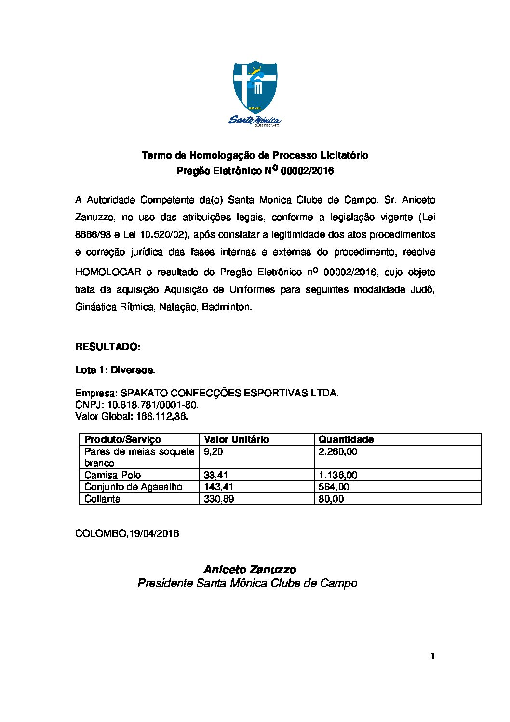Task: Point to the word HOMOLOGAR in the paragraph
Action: [108, 272]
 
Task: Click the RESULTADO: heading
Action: [108, 347]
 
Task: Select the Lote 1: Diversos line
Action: [115, 370]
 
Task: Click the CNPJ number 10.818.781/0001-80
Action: [153, 405]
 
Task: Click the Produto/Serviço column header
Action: [122, 439]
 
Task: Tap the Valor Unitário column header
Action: [236, 439]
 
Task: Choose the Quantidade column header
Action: [346, 439]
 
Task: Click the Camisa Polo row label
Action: [112, 475]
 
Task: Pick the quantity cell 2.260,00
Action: [338, 451]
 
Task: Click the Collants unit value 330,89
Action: [219, 499]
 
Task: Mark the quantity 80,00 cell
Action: [331, 499]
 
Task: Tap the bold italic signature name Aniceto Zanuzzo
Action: [250, 570]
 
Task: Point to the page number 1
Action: [433, 656]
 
